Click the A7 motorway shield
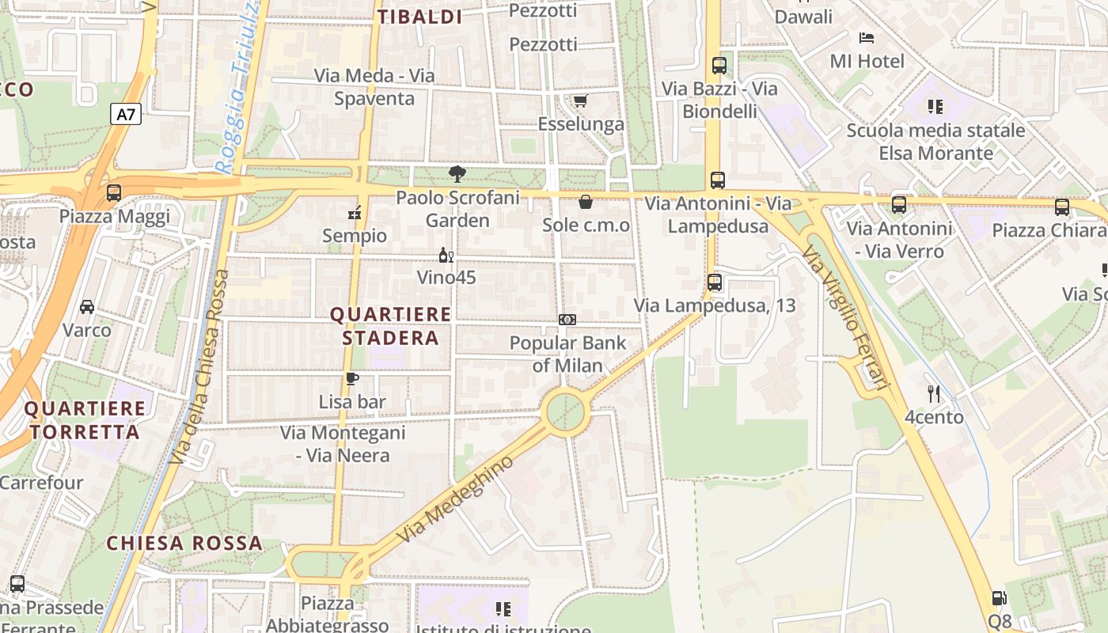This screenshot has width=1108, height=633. click(x=126, y=115)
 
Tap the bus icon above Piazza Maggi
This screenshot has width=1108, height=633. click(x=114, y=192)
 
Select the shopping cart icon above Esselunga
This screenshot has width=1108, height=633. click(x=580, y=100)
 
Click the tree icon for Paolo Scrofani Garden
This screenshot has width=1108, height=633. click(x=457, y=173)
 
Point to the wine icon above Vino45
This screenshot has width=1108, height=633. click(x=446, y=255)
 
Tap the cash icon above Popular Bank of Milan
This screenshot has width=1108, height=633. click(x=567, y=320)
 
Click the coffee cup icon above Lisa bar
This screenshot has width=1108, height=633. click(x=352, y=379)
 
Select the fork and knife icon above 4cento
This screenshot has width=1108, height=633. click(x=934, y=393)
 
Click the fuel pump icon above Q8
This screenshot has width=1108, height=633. click(x=1000, y=599)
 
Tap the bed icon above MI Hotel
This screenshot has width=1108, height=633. click(x=867, y=37)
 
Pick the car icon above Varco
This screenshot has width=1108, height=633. click(x=87, y=307)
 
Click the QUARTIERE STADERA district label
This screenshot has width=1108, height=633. click(x=390, y=326)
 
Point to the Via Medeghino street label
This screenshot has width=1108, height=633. click(x=455, y=504)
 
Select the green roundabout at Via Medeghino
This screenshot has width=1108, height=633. click(x=566, y=412)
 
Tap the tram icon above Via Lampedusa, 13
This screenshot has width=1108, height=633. click(x=715, y=282)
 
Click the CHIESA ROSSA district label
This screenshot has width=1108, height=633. click(x=184, y=543)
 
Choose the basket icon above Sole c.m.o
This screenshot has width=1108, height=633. click(x=586, y=202)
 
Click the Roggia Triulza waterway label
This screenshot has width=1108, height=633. click(x=238, y=87)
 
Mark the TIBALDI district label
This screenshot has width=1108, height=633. click(x=419, y=17)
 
